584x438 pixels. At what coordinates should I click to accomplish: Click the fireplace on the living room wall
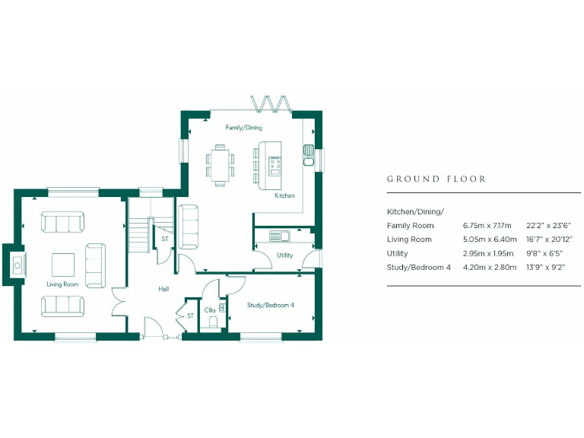coord(17,265)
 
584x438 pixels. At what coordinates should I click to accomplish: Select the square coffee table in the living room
coord(62,265)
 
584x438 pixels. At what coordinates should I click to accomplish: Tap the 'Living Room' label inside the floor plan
coord(62,284)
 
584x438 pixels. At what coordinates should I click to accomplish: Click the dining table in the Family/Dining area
coord(221,165)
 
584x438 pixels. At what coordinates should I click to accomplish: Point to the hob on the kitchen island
coord(275,162)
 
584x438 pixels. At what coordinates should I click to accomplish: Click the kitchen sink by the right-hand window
coord(309,154)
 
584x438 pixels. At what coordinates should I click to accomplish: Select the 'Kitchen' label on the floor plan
coord(284,195)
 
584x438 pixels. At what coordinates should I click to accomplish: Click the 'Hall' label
coord(163,289)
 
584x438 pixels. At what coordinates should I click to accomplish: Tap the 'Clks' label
coord(209,310)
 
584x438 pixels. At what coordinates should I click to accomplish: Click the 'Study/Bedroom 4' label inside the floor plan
coord(270,305)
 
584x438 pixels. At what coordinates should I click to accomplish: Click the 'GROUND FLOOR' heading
coord(436,179)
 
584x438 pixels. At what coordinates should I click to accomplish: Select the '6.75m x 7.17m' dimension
coord(487,226)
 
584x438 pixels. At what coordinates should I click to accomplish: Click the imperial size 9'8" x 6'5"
coord(548,253)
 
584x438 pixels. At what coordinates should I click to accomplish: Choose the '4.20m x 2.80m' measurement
coord(489,267)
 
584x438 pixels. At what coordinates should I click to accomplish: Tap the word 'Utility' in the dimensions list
coord(398,253)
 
